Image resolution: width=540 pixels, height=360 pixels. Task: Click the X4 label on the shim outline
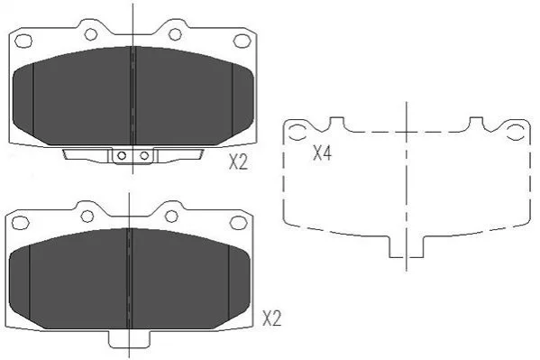(x=322, y=152)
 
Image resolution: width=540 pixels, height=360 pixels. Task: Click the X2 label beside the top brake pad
(x=238, y=162)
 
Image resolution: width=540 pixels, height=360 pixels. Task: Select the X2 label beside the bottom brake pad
(x=271, y=318)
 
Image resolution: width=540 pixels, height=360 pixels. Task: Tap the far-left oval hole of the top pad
(x=23, y=41)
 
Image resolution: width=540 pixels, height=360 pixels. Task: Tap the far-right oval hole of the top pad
(x=242, y=41)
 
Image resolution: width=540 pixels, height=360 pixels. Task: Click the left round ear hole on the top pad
(x=91, y=34)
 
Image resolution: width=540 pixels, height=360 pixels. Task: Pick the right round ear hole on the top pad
(x=175, y=34)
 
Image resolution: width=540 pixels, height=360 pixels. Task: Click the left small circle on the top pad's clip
(x=122, y=155)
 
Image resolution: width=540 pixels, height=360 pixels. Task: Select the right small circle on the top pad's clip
(x=144, y=155)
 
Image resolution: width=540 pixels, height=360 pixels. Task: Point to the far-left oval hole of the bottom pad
(x=21, y=223)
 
